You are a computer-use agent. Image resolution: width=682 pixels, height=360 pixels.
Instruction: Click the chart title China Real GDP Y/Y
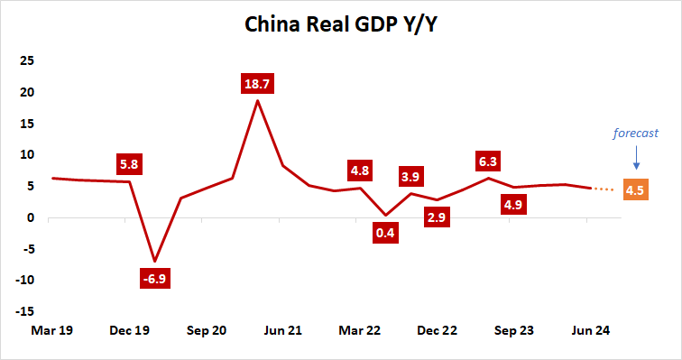(x=341, y=23)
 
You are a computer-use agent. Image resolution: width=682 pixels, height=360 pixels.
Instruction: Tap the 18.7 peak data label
(x=258, y=85)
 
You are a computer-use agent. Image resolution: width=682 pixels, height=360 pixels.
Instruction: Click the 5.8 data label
(x=129, y=166)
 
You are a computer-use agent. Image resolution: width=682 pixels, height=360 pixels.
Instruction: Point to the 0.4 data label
(x=386, y=234)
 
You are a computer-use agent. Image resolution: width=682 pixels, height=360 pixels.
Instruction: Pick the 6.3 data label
(x=488, y=162)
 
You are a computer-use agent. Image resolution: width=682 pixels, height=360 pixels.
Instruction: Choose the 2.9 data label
(x=437, y=217)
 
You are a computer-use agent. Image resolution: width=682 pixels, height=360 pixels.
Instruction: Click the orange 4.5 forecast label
(x=634, y=190)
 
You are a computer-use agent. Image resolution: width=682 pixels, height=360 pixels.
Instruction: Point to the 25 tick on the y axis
(x=27, y=60)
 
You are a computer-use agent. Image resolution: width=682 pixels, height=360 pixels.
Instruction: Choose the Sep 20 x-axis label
(x=207, y=331)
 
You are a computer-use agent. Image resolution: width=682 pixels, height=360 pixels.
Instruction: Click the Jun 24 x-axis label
(x=591, y=331)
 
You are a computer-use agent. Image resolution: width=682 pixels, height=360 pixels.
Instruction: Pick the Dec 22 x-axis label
(x=438, y=331)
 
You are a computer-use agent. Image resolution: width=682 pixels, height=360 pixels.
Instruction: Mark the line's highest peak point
(x=258, y=100)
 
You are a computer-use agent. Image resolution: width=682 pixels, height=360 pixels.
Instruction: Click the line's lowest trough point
(x=155, y=261)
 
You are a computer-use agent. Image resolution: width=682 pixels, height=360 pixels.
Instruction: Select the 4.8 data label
(x=360, y=170)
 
